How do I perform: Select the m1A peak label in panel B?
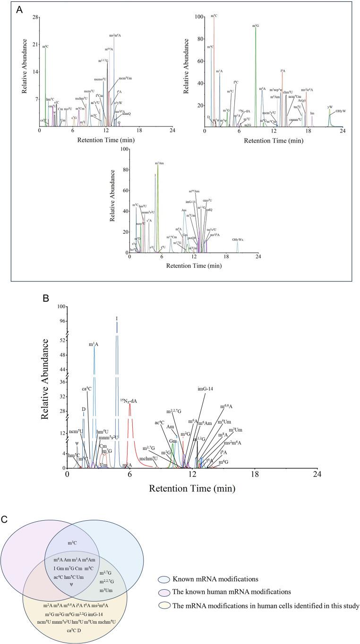pos(94,345)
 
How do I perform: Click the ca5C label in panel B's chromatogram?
pos(86,389)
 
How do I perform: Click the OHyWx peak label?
pos(238,240)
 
